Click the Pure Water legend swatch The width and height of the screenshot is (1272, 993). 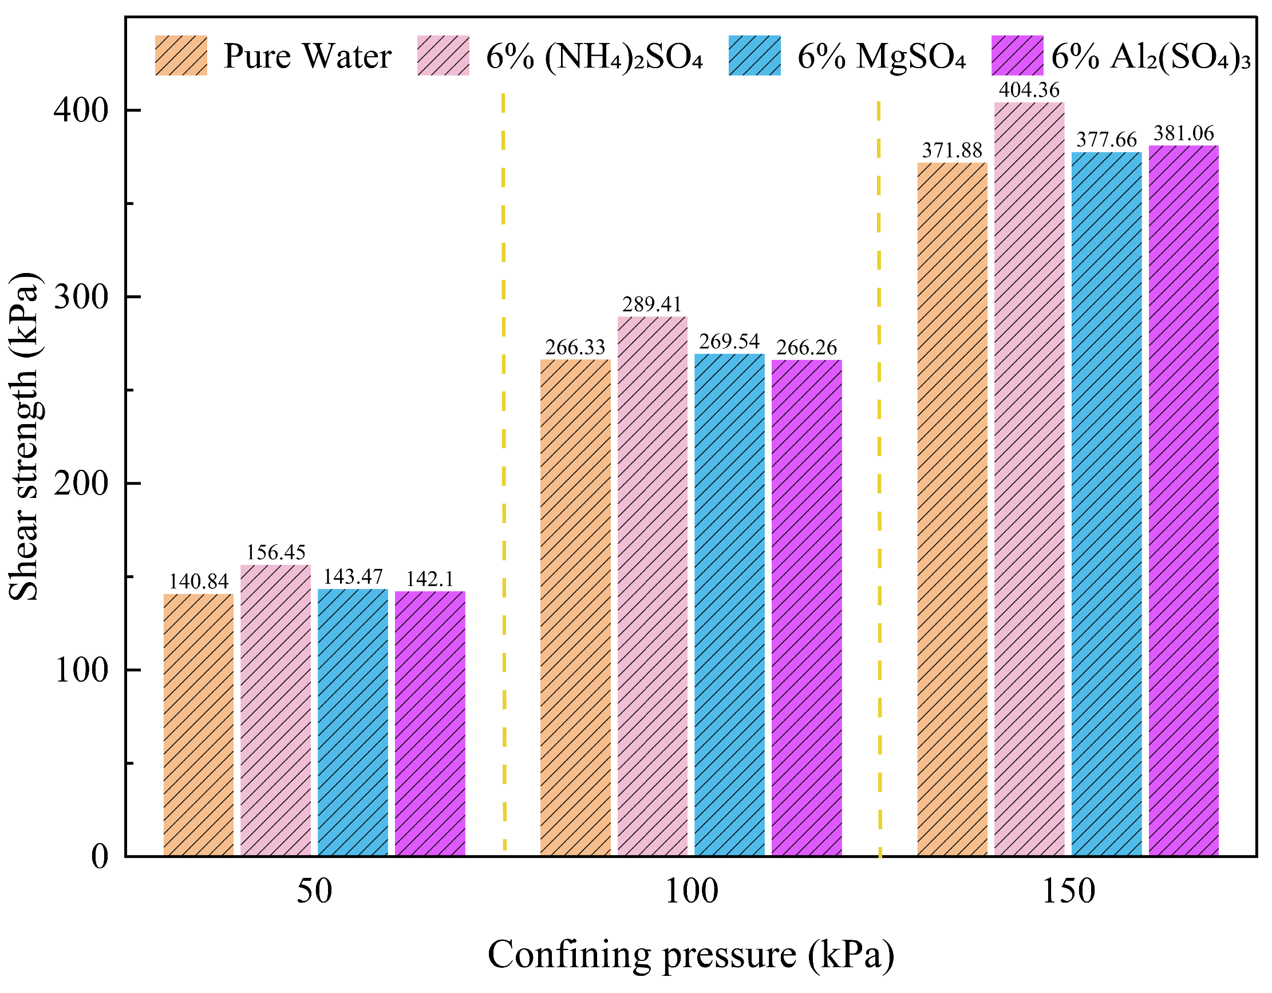(x=181, y=56)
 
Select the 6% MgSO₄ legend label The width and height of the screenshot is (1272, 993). (x=881, y=57)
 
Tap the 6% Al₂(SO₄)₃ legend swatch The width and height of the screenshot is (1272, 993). (x=1017, y=56)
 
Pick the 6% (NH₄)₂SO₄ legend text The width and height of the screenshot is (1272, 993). (x=595, y=57)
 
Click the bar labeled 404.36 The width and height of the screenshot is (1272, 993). (x=1029, y=477)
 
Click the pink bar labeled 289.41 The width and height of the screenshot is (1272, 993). (x=652, y=585)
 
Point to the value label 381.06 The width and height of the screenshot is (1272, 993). (x=1183, y=133)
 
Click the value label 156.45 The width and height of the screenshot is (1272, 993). (x=275, y=552)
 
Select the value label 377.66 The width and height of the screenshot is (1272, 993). (x=1106, y=140)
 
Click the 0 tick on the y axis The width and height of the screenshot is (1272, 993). (x=100, y=857)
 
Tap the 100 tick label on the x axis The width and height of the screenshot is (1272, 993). (x=691, y=892)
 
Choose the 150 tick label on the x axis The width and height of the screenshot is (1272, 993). (x=1068, y=892)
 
